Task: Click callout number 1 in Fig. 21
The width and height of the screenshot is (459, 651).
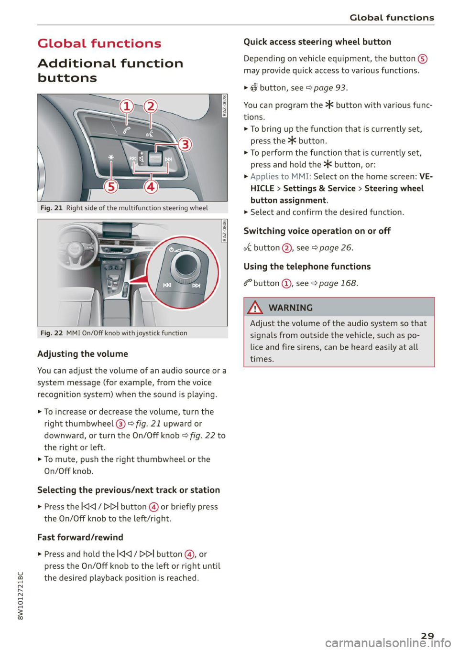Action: point(127,106)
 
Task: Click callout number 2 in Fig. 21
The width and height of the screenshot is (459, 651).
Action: point(151,106)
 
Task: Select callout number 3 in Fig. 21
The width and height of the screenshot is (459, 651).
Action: point(185,144)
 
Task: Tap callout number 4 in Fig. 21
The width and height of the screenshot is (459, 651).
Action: point(151,186)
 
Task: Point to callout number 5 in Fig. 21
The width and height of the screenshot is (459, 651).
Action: point(111,186)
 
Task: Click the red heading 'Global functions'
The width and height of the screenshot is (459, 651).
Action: point(99,43)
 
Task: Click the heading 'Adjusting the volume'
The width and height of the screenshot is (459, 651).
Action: point(83,354)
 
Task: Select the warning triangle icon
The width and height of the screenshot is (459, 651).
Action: point(255,307)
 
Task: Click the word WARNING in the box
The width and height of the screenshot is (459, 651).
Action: point(290,308)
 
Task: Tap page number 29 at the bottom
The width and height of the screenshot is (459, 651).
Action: point(427,636)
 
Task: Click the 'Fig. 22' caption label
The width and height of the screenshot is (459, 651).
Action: point(52,333)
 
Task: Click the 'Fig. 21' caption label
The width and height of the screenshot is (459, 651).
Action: point(52,208)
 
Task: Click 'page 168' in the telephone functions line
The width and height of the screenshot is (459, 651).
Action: point(338,283)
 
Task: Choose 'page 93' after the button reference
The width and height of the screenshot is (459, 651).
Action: point(329,88)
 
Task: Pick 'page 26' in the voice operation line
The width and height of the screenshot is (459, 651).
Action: point(335,248)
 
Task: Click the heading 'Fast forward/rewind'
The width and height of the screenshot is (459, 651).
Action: point(80,537)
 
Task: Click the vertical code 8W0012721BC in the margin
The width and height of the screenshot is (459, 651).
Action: point(20,595)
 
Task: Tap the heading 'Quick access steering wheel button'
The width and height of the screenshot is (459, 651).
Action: point(317,42)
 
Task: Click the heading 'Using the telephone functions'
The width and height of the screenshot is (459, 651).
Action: point(307,267)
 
